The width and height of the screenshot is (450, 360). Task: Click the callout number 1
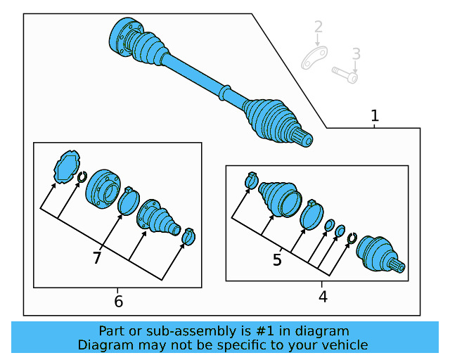point(375,115)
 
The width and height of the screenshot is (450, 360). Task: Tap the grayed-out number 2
point(319,28)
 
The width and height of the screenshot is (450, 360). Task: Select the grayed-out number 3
point(356,53)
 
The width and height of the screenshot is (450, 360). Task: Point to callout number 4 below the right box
point(323,297)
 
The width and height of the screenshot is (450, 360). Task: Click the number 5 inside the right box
point(277,260)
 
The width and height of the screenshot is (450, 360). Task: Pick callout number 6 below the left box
point(118,302)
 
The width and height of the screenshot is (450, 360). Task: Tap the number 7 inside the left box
point(97,258)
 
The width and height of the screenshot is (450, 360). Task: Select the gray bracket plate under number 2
point(314,58)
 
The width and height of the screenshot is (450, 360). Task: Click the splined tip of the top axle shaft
point(304,139)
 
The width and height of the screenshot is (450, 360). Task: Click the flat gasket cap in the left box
point(66,166)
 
